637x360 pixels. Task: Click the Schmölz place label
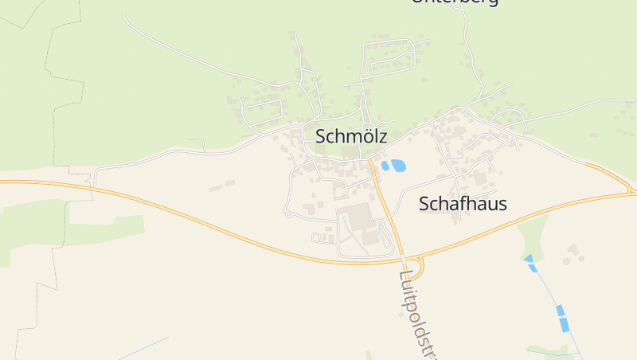point(351,136)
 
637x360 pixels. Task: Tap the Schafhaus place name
point(463,204)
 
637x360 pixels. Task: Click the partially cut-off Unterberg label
point(455,2)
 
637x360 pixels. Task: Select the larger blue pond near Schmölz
point(398,166)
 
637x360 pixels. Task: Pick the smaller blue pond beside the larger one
point(385,166)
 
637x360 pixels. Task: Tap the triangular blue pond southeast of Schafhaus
point(528,258)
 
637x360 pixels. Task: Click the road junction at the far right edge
point(631,191)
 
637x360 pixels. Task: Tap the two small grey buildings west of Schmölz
point(222,186)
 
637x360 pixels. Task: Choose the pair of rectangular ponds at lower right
point(562,318)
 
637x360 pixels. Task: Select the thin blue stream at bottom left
point(143,347)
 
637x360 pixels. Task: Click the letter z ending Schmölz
point(383,136)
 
